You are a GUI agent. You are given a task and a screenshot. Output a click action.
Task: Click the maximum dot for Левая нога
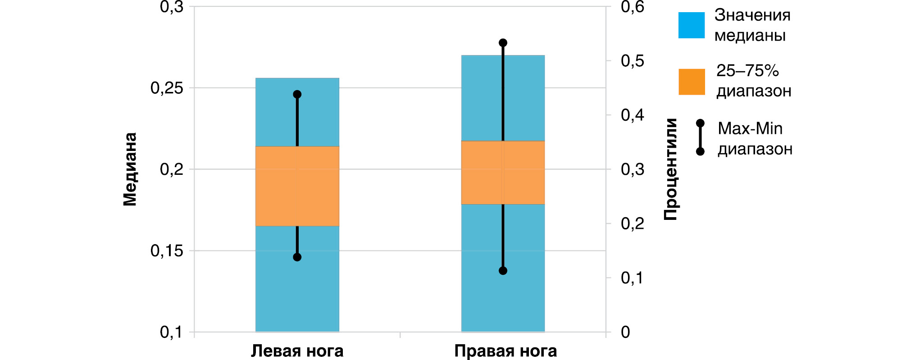[297, 94]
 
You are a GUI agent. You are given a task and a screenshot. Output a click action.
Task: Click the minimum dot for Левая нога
[297, 257]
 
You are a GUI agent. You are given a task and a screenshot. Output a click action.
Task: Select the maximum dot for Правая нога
[503, 43]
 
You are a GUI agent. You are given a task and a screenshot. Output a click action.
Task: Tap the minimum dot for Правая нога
[503, 271]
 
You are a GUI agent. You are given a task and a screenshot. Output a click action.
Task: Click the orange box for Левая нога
[297, 186]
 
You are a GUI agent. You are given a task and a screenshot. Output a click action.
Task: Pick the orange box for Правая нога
[503, 173]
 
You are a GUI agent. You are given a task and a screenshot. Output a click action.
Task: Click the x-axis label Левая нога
[297, 351]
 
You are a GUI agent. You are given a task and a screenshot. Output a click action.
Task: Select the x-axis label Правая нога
[505, 351]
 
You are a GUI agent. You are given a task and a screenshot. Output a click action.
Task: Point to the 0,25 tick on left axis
[167, 88]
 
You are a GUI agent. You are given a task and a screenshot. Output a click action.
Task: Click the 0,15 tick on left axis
[167, 251]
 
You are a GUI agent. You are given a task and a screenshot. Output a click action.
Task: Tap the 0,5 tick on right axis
[633, 61]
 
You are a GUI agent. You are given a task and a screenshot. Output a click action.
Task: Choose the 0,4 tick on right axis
[633, 115]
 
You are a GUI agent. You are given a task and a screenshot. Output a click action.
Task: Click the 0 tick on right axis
[625, 332]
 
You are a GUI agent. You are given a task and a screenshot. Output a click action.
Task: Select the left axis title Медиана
[130, 169]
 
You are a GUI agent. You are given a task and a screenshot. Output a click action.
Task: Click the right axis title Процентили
[670, 169]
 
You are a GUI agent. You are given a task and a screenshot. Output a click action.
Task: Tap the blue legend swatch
[692, 25]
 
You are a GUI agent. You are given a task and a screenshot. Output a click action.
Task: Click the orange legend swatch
[692, 82]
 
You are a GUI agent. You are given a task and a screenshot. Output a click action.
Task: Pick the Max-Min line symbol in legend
[700, 137]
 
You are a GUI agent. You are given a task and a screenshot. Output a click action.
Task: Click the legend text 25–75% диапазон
[754, 81]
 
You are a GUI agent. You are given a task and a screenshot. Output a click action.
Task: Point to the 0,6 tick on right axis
[633, 7]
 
